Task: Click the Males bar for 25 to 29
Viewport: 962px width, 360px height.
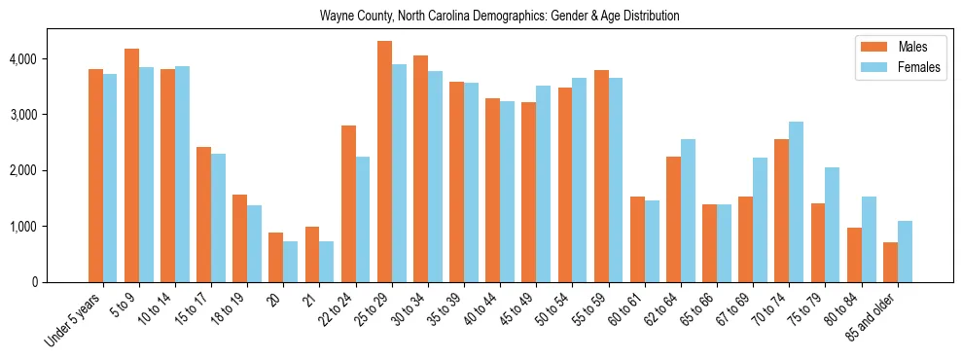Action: coord(384,162)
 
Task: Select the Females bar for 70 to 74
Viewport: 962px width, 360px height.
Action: coord(797,202)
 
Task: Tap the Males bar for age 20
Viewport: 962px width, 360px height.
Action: coord(276,258)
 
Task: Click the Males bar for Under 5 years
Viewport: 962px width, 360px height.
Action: coord(95,176)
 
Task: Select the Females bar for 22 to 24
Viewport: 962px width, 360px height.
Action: coord(363,220)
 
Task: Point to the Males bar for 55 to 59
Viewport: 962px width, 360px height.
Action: coord(601,176)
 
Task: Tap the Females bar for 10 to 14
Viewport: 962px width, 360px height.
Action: coord(182,174)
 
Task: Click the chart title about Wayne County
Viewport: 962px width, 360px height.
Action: coord(499,17)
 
